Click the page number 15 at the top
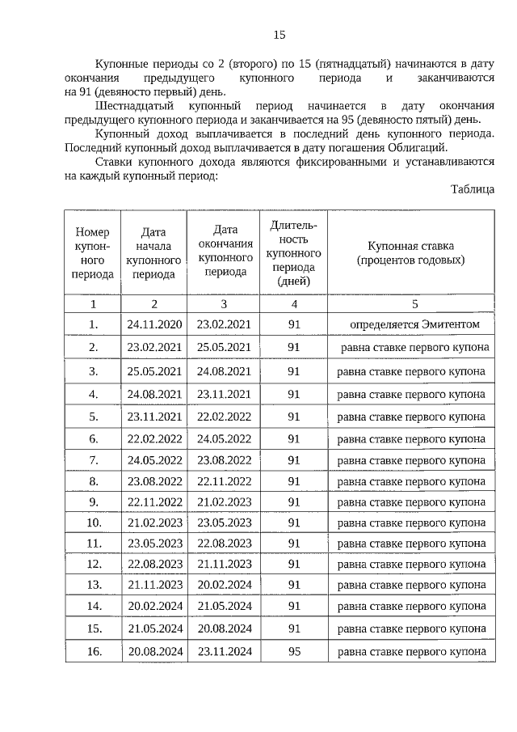click(279, 34)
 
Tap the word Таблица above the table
click(473, 189)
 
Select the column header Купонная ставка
click(411, 253)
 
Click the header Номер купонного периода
click(93, 253)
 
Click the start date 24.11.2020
click(154, 324)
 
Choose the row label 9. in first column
click(93, 502)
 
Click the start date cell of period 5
click(154, 417)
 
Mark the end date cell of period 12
click(224, 563)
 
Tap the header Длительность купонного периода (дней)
click(294, 253)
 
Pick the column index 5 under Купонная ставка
click(414, 304)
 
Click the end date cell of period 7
click(224, 460)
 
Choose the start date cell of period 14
click(154, 606)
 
